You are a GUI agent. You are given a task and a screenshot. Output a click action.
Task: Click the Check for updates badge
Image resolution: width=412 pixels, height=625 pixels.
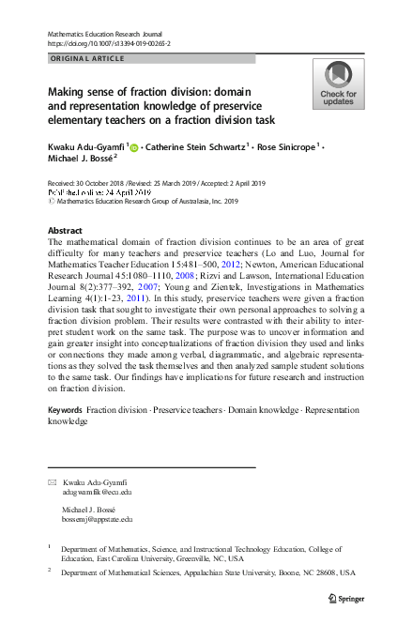[339, 84]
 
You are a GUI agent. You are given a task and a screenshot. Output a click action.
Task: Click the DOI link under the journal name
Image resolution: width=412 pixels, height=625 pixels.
[108, 43]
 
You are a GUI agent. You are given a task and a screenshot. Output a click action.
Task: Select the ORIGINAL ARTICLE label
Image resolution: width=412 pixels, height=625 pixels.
[86, 58]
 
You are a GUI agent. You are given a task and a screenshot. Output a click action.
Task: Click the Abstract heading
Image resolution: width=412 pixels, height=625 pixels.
[64, 230]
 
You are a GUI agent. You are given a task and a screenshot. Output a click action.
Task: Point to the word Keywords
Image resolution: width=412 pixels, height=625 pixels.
[65, 411]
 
